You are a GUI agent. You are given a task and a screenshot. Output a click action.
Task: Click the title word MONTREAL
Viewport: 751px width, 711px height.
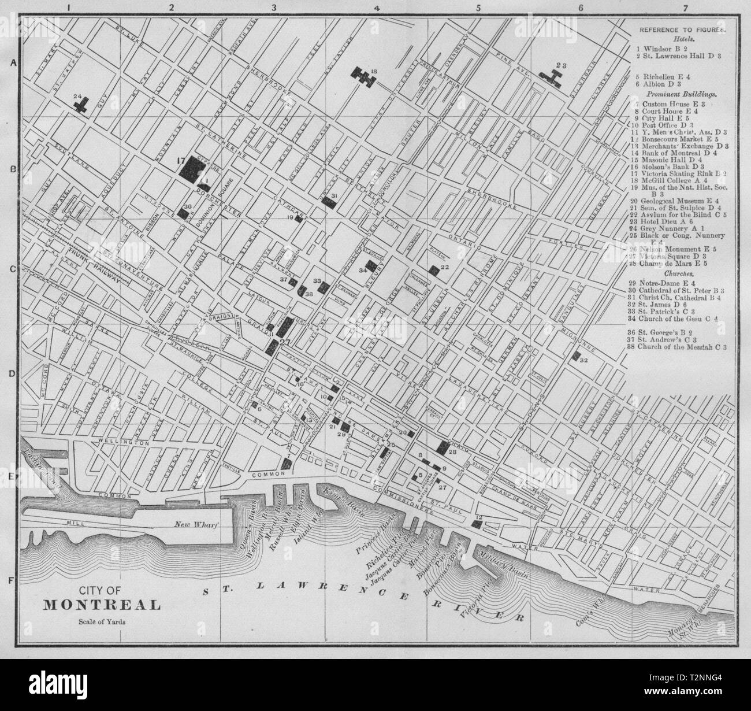tap(102, 605)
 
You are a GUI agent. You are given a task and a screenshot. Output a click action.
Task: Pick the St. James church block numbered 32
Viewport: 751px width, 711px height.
tap(576, 356)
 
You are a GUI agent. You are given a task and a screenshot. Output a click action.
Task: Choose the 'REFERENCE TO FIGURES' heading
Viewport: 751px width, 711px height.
tap(682, 29)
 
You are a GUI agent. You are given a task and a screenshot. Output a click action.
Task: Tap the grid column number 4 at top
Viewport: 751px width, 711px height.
tap(377, 8)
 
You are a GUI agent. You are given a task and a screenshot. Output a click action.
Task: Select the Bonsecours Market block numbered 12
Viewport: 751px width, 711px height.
tap(477, 524)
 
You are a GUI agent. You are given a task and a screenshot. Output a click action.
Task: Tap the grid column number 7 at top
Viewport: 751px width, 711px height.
tap(685, 8)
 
